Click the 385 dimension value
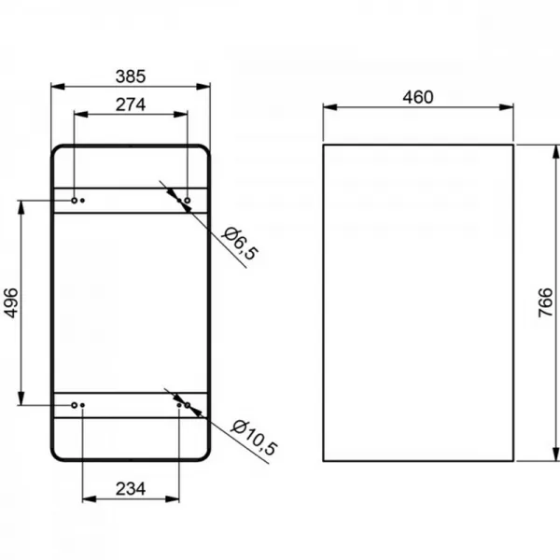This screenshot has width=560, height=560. pyautogui.click(x=131, y=77)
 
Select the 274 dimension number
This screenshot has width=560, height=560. pyautogui.click(x=131, y=105)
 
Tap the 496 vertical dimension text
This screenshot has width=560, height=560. pyautogui.click(x=10, y=302)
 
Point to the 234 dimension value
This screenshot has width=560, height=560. pyautogui.click(x=131, y=489)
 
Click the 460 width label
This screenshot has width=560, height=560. pyautogui.click(x=418, y=97)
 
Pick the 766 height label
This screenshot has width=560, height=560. pyautogui.click(x=545, y=302)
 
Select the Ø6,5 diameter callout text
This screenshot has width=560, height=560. pyautogui.click(x=239, y=244)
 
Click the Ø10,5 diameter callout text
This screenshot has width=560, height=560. pyautogui.click(x=254, y=438)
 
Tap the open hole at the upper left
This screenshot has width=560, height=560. pyautogui.click(x=75, y=201)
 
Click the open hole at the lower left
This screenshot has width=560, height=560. pyautogui.click(x=75, y=405)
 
